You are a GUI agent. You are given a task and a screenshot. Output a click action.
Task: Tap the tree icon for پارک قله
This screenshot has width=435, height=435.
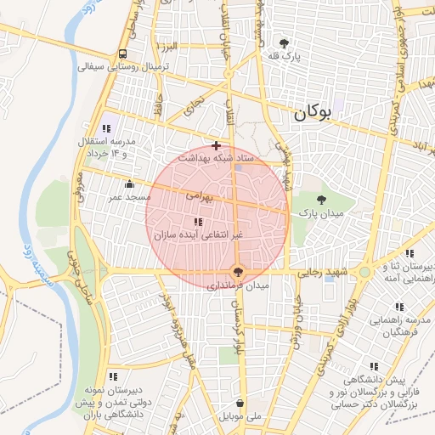coord(283,42)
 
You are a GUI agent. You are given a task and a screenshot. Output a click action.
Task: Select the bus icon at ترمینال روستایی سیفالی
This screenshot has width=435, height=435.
coord(123,54)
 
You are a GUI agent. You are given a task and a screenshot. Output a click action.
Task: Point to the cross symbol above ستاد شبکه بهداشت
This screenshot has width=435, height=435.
coord(217,145)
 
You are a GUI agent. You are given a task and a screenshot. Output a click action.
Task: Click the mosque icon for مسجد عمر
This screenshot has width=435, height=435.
coord(129,184)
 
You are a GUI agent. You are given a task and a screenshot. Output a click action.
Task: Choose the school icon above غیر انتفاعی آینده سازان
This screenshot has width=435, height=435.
coord(198,221)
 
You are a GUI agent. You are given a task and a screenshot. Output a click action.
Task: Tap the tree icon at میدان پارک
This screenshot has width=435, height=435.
coord(321,200)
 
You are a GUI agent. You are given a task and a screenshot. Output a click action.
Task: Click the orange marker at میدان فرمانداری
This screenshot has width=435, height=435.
coord(239,272)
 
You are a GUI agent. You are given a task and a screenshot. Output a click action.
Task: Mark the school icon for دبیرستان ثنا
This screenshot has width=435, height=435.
coord(410,253)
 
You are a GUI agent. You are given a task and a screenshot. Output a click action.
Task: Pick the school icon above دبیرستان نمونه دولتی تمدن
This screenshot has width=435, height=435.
coord(112,376)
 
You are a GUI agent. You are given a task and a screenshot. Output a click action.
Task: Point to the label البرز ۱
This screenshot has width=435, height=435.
coord(166,44)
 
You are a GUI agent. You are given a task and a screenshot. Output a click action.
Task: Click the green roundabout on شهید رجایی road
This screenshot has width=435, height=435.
coord(364,272)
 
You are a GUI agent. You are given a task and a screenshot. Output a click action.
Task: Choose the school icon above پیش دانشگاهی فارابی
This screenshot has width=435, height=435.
coord(375,367)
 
